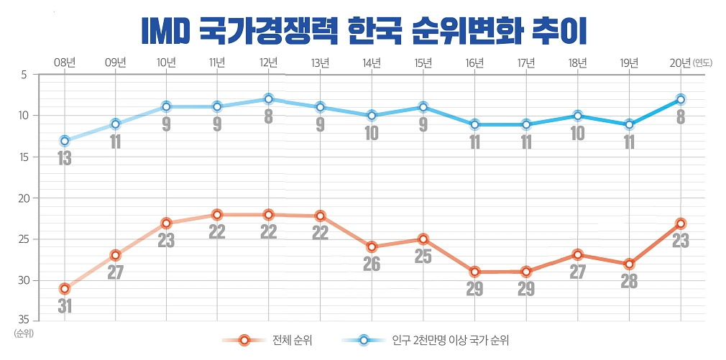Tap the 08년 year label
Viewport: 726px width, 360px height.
tap(65, 63)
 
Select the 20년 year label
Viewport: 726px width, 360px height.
tap(680, 63)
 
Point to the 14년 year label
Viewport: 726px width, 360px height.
tap(372, 63)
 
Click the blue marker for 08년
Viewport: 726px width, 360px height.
tap(65, 141)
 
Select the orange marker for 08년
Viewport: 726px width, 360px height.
tap(65, 289)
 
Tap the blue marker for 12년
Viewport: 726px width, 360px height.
tap(269, 99)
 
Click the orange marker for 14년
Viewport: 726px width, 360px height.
tap(372, 247)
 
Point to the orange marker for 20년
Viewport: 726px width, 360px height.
tap(680, 223)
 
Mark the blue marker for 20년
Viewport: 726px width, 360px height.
tap(680, 99)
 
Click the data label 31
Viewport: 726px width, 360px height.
tap(65, 306)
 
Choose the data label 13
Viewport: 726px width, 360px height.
tap(65, 158)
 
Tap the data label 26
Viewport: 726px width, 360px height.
tap(372, 264)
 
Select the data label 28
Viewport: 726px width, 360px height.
tap(629, 282)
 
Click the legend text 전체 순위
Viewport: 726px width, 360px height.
tap(292, 341)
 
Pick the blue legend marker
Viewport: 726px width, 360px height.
tap(364, 341)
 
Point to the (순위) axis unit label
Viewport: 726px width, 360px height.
tap(23, 333)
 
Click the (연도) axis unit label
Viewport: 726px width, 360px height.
tap(702, 63)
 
